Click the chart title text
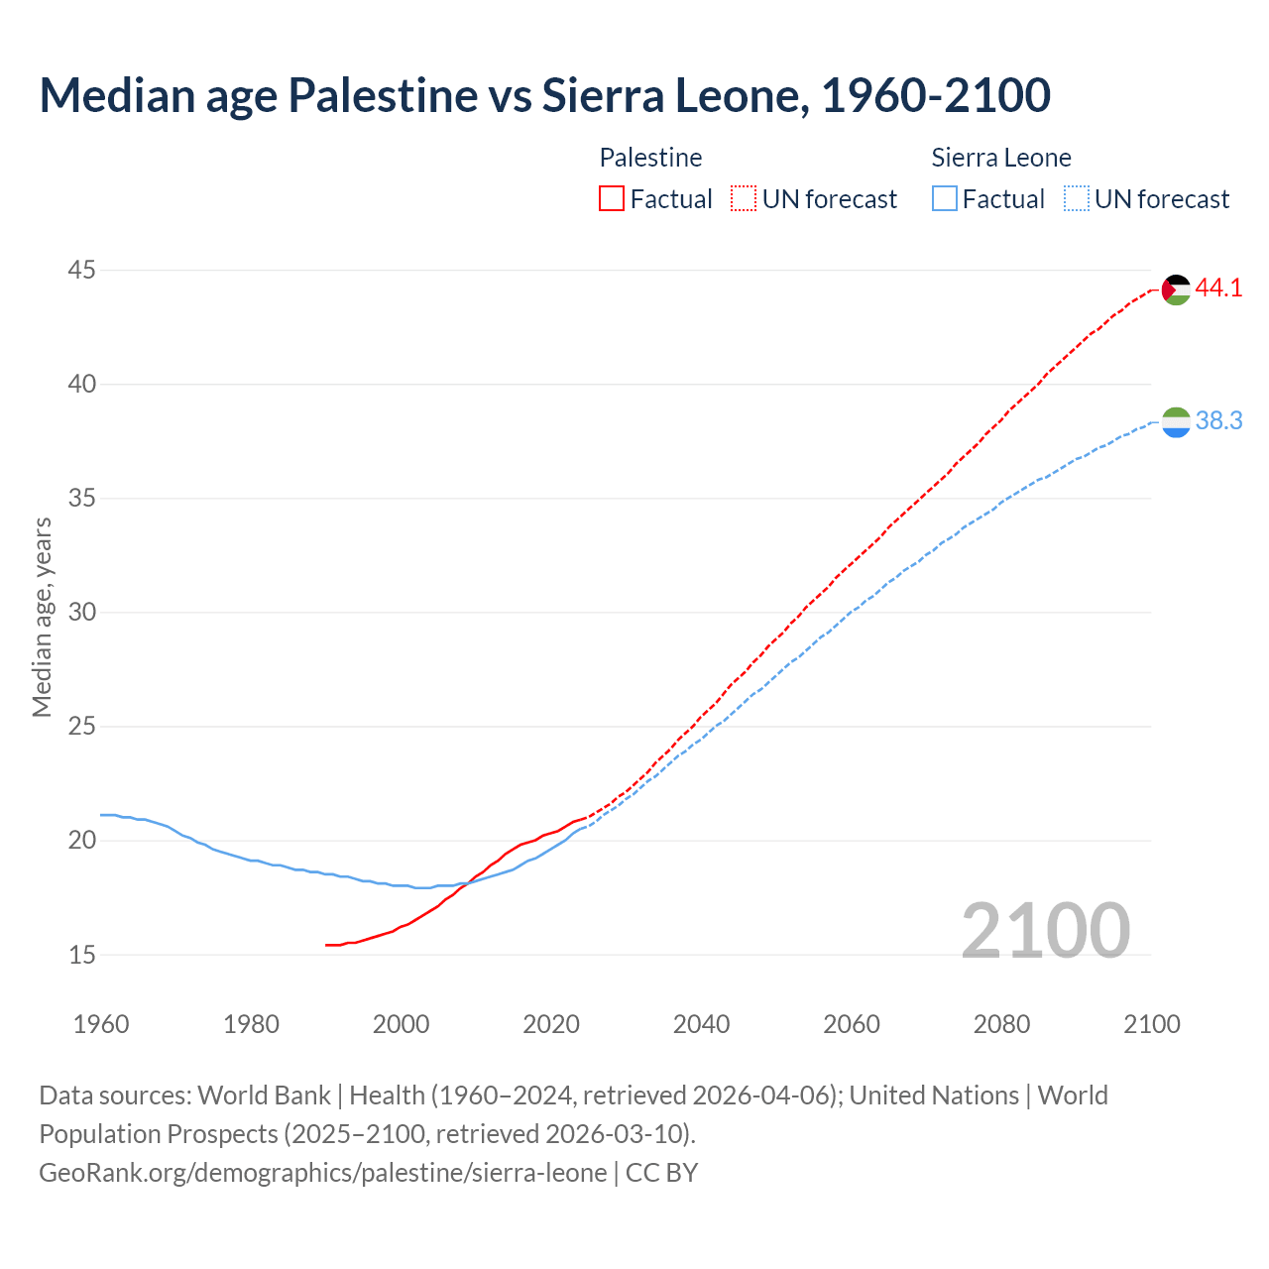pos(544,96)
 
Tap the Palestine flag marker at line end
pos(1175,289)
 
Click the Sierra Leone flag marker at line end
pos(1175,422)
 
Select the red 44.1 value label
pos(1218,288)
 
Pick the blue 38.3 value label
pos(1218,421)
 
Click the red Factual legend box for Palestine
pos(612,199)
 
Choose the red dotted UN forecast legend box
pos(744,199)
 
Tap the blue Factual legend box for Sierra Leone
pos(945,199)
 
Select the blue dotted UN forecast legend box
pos(1077,199)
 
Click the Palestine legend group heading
pos(650,158)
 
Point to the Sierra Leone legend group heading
pos(1001,158)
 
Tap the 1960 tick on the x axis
pos(101,1024)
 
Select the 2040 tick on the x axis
pos(701,1024)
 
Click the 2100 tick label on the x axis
pos(1152,1024)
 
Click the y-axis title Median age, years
pos(42,617)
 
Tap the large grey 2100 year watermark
pos(1045,931)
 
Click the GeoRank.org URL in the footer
pos(322,1173)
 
